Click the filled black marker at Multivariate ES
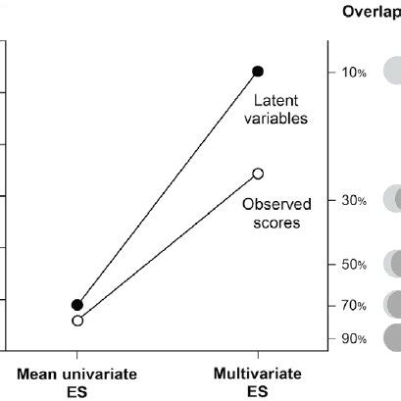258,71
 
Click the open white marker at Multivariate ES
258,174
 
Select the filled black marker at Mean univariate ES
77,305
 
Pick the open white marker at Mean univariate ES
77,321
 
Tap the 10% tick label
354,73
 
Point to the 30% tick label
354,200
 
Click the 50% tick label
354,265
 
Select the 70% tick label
354,306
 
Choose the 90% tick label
354,339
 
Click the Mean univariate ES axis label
76,381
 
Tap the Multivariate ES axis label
257,381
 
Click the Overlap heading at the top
372,12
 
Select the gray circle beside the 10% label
392,71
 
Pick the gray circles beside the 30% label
393,198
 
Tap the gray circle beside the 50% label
393,264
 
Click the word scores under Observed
278,223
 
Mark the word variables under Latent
278,119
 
